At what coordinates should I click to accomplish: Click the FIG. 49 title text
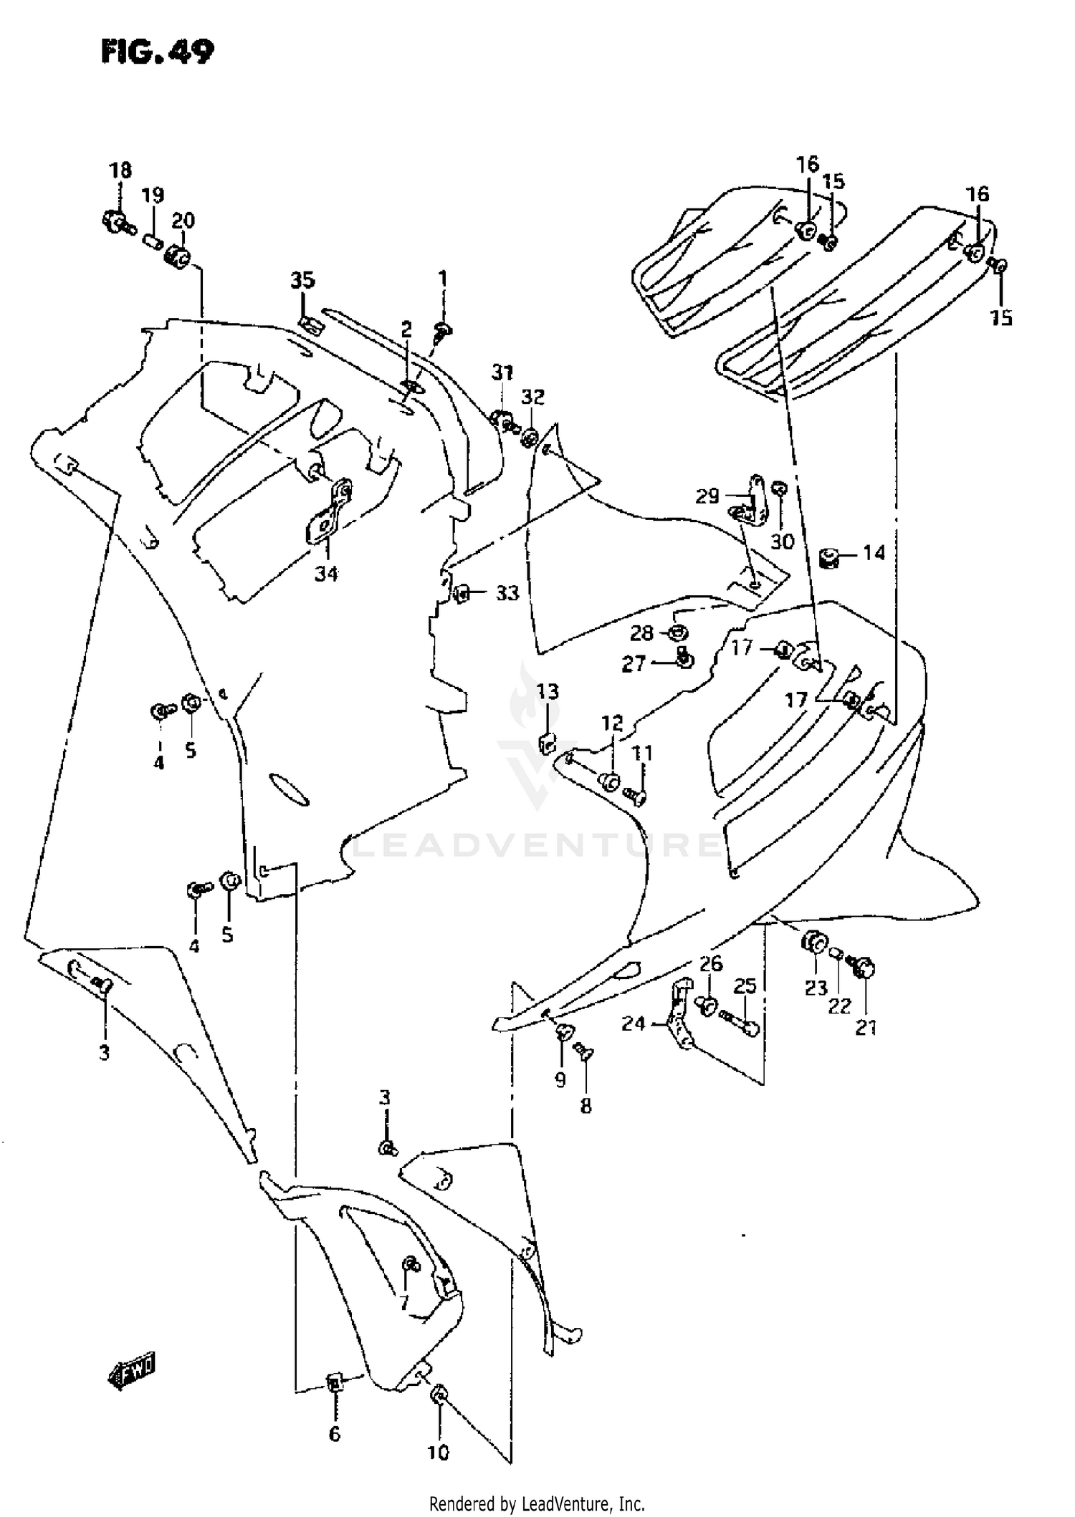coord(157,52)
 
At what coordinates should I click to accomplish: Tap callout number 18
coord(120,170)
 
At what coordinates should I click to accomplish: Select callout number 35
coord(302,280)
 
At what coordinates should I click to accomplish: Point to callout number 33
coord(507,593)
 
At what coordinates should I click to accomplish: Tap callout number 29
coord(707,496)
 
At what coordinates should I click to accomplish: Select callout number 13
coord(548,692)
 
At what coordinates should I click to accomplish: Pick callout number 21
coord(866,1028)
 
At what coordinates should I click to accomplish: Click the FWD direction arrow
coord(132,1372)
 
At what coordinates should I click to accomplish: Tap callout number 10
coord(438,1453)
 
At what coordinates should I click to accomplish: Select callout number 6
coord(334,1434)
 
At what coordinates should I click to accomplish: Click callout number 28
coord(641,633)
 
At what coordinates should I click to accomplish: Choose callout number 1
coord(443,278)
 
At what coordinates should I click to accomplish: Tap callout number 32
coord(532,398)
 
